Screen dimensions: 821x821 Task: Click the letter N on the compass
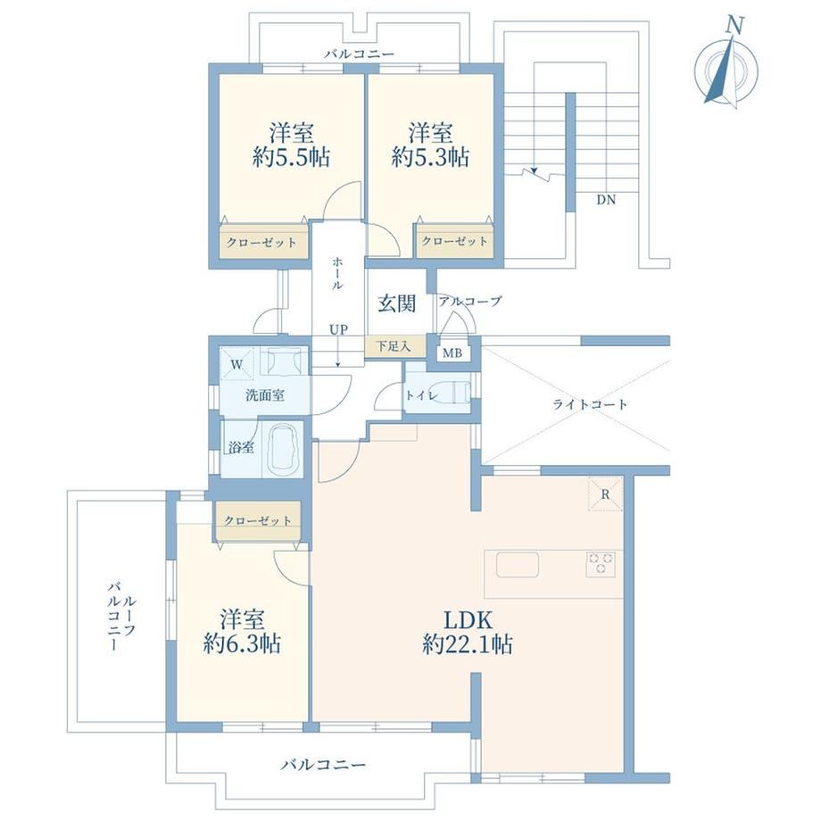coord(735,26)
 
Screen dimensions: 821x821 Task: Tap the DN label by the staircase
coord(606,200)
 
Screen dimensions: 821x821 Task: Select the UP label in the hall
coord(338,330)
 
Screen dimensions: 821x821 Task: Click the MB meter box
coord(452,352)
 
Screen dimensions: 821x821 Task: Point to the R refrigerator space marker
coord(605,493)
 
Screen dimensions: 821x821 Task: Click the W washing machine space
coord(236,364)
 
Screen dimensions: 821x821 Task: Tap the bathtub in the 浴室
coord(283,449)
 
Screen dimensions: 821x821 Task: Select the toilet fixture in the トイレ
coord(453,394)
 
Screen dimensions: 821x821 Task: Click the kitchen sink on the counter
coord(518,564)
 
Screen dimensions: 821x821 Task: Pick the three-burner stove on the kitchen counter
coord(600,564)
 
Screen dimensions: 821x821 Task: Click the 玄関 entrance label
coord(397,303)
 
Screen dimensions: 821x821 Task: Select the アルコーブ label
coord(470,302)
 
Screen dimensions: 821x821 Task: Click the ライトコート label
coord(590,404)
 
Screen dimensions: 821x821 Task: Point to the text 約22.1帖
coord(468,644)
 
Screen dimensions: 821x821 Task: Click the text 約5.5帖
coord(291,157)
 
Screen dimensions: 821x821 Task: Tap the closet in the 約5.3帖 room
coord(455,241)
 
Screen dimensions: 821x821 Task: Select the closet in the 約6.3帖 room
coord(257,520)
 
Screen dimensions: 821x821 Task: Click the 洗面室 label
coord(265,395)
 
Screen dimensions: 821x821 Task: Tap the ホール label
coord(338,273)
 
